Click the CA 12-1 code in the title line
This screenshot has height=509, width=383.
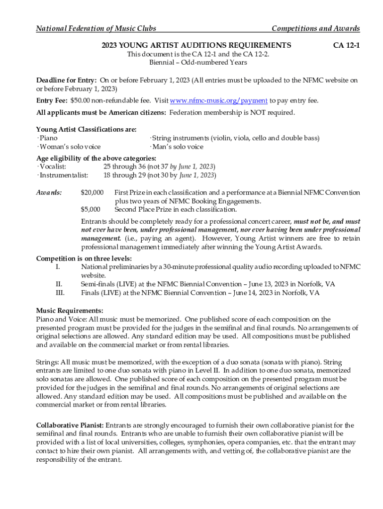pyautogui.click(x=346, y=45)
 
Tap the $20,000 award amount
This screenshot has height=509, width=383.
pyautogui.click(x=92, y=192)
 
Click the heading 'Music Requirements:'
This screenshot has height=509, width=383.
pyautogui.click(x=70, y=311)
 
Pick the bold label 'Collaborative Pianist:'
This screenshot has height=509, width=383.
pyautogui.click(x=70, y=425)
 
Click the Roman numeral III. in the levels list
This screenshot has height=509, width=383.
pyautogui.click(x=59, y=293)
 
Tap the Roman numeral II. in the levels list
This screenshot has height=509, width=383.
pyautogui.click(x=58, y=284)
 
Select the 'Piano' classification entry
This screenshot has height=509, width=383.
pyautogui.click(x=48, y=138)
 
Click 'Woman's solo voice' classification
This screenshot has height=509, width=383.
pyautogui.click(x=69, y=147)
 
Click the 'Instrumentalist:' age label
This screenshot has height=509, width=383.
pyautogui.click(x=63, y=175)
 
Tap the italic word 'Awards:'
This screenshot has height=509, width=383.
pyautogui.click(x=49, y=192)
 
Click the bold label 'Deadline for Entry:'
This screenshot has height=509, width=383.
pyautogui.click(x=67, y=80)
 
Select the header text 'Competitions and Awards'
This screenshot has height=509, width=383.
pyautogui.click(x=315, y=28)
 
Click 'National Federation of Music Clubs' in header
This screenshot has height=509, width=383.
pyautogui.click(x=96, y=28)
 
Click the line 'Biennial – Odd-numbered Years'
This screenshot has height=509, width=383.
pyautogui.click(x=198, y=63)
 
